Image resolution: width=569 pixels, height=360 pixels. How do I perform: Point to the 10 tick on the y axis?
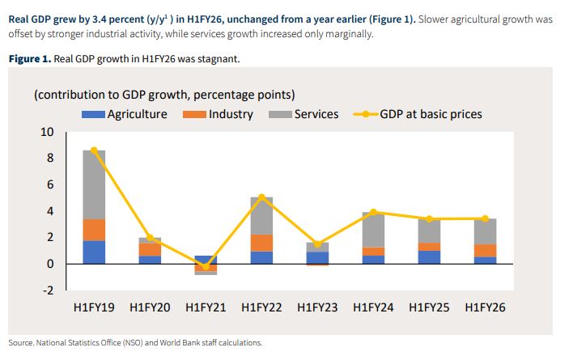coord(47,132)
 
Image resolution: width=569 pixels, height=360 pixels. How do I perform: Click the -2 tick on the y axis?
coord(48,290)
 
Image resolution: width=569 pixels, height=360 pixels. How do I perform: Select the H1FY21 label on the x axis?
coord(206,308)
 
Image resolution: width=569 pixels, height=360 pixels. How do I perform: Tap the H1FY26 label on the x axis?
coord(486,308)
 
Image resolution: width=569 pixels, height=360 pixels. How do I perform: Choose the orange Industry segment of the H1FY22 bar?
coord(262,243)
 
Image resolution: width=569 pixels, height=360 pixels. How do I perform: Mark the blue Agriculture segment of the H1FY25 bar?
coord(430,257)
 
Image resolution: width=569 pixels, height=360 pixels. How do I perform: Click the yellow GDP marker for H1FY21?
coord(206,267)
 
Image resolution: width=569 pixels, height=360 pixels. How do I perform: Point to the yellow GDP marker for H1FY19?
coord(94,150)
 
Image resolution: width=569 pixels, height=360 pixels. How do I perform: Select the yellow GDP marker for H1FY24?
coord(374,212)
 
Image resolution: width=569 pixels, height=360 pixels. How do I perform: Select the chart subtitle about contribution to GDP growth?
coord(164,95)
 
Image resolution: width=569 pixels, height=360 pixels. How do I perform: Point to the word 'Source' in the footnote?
coord(23,342)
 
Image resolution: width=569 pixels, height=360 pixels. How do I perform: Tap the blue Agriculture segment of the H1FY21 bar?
coord(206,260)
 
